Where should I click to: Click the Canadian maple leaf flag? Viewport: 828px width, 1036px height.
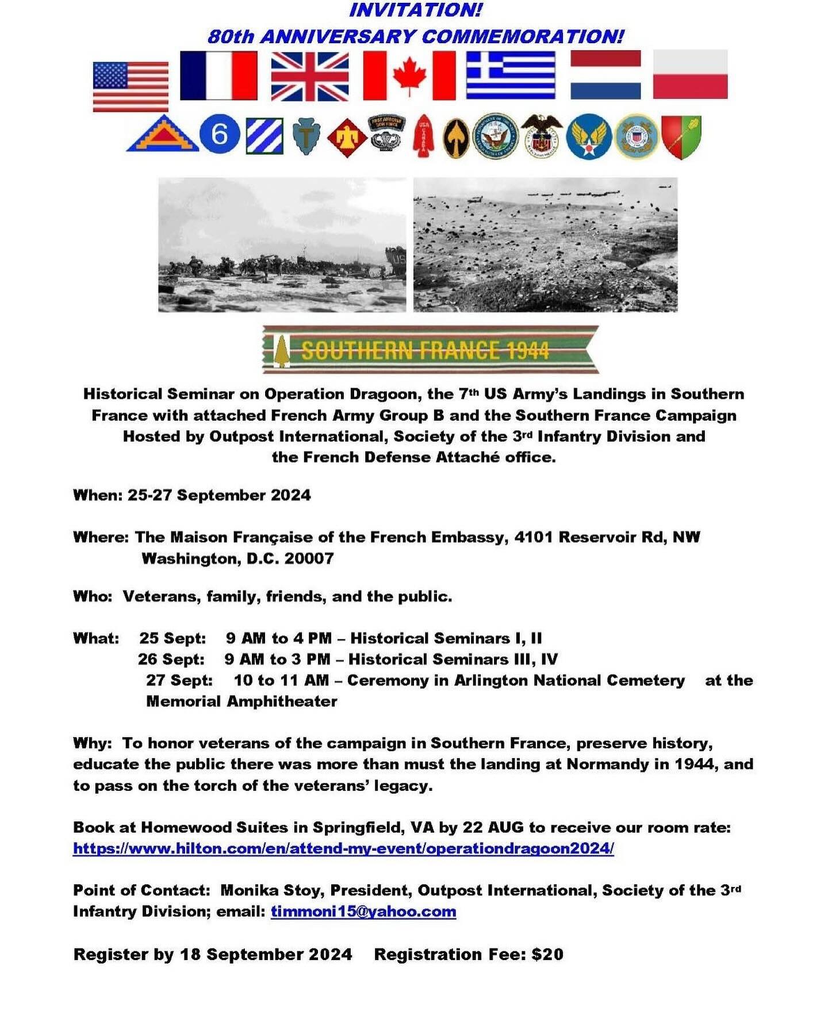coord(409,75)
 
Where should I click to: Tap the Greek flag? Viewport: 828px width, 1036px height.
coord(511,75)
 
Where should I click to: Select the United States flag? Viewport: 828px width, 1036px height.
coord(131,86)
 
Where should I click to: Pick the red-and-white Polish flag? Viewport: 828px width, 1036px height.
coord(690,74)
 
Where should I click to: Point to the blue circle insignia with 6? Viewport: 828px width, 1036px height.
coord(220,134)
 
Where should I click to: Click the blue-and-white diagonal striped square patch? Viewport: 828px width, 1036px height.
coord(264,135)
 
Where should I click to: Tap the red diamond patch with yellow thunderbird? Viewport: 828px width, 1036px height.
coord(347,138)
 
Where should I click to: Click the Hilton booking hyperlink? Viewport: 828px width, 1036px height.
coord(343,848)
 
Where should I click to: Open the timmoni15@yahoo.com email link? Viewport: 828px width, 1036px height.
coord(363,912)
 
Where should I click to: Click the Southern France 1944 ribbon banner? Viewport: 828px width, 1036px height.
coord(430,349)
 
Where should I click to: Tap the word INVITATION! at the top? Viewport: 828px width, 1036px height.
coord(416,10)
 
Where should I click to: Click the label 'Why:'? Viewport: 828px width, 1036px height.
coord(92,743)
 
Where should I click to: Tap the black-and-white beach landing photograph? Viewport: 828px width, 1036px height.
coord(282,245)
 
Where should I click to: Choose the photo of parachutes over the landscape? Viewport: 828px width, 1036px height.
coord(545,245)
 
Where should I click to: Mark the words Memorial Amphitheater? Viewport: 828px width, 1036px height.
coord(241,701)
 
